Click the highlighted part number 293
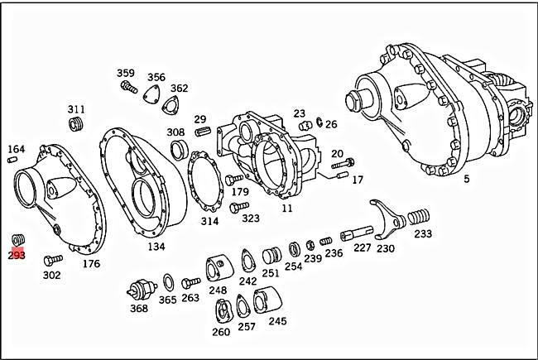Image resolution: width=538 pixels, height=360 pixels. (17, 256)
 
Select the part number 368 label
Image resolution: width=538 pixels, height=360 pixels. (138, 309)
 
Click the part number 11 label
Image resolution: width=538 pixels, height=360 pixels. (287, 209)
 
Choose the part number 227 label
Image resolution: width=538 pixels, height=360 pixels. (363, 247)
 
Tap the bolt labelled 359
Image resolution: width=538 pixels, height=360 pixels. (127, 85)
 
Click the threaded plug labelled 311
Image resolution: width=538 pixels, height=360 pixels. (78, 124)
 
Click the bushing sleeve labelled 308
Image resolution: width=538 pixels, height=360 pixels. (176, 149)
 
